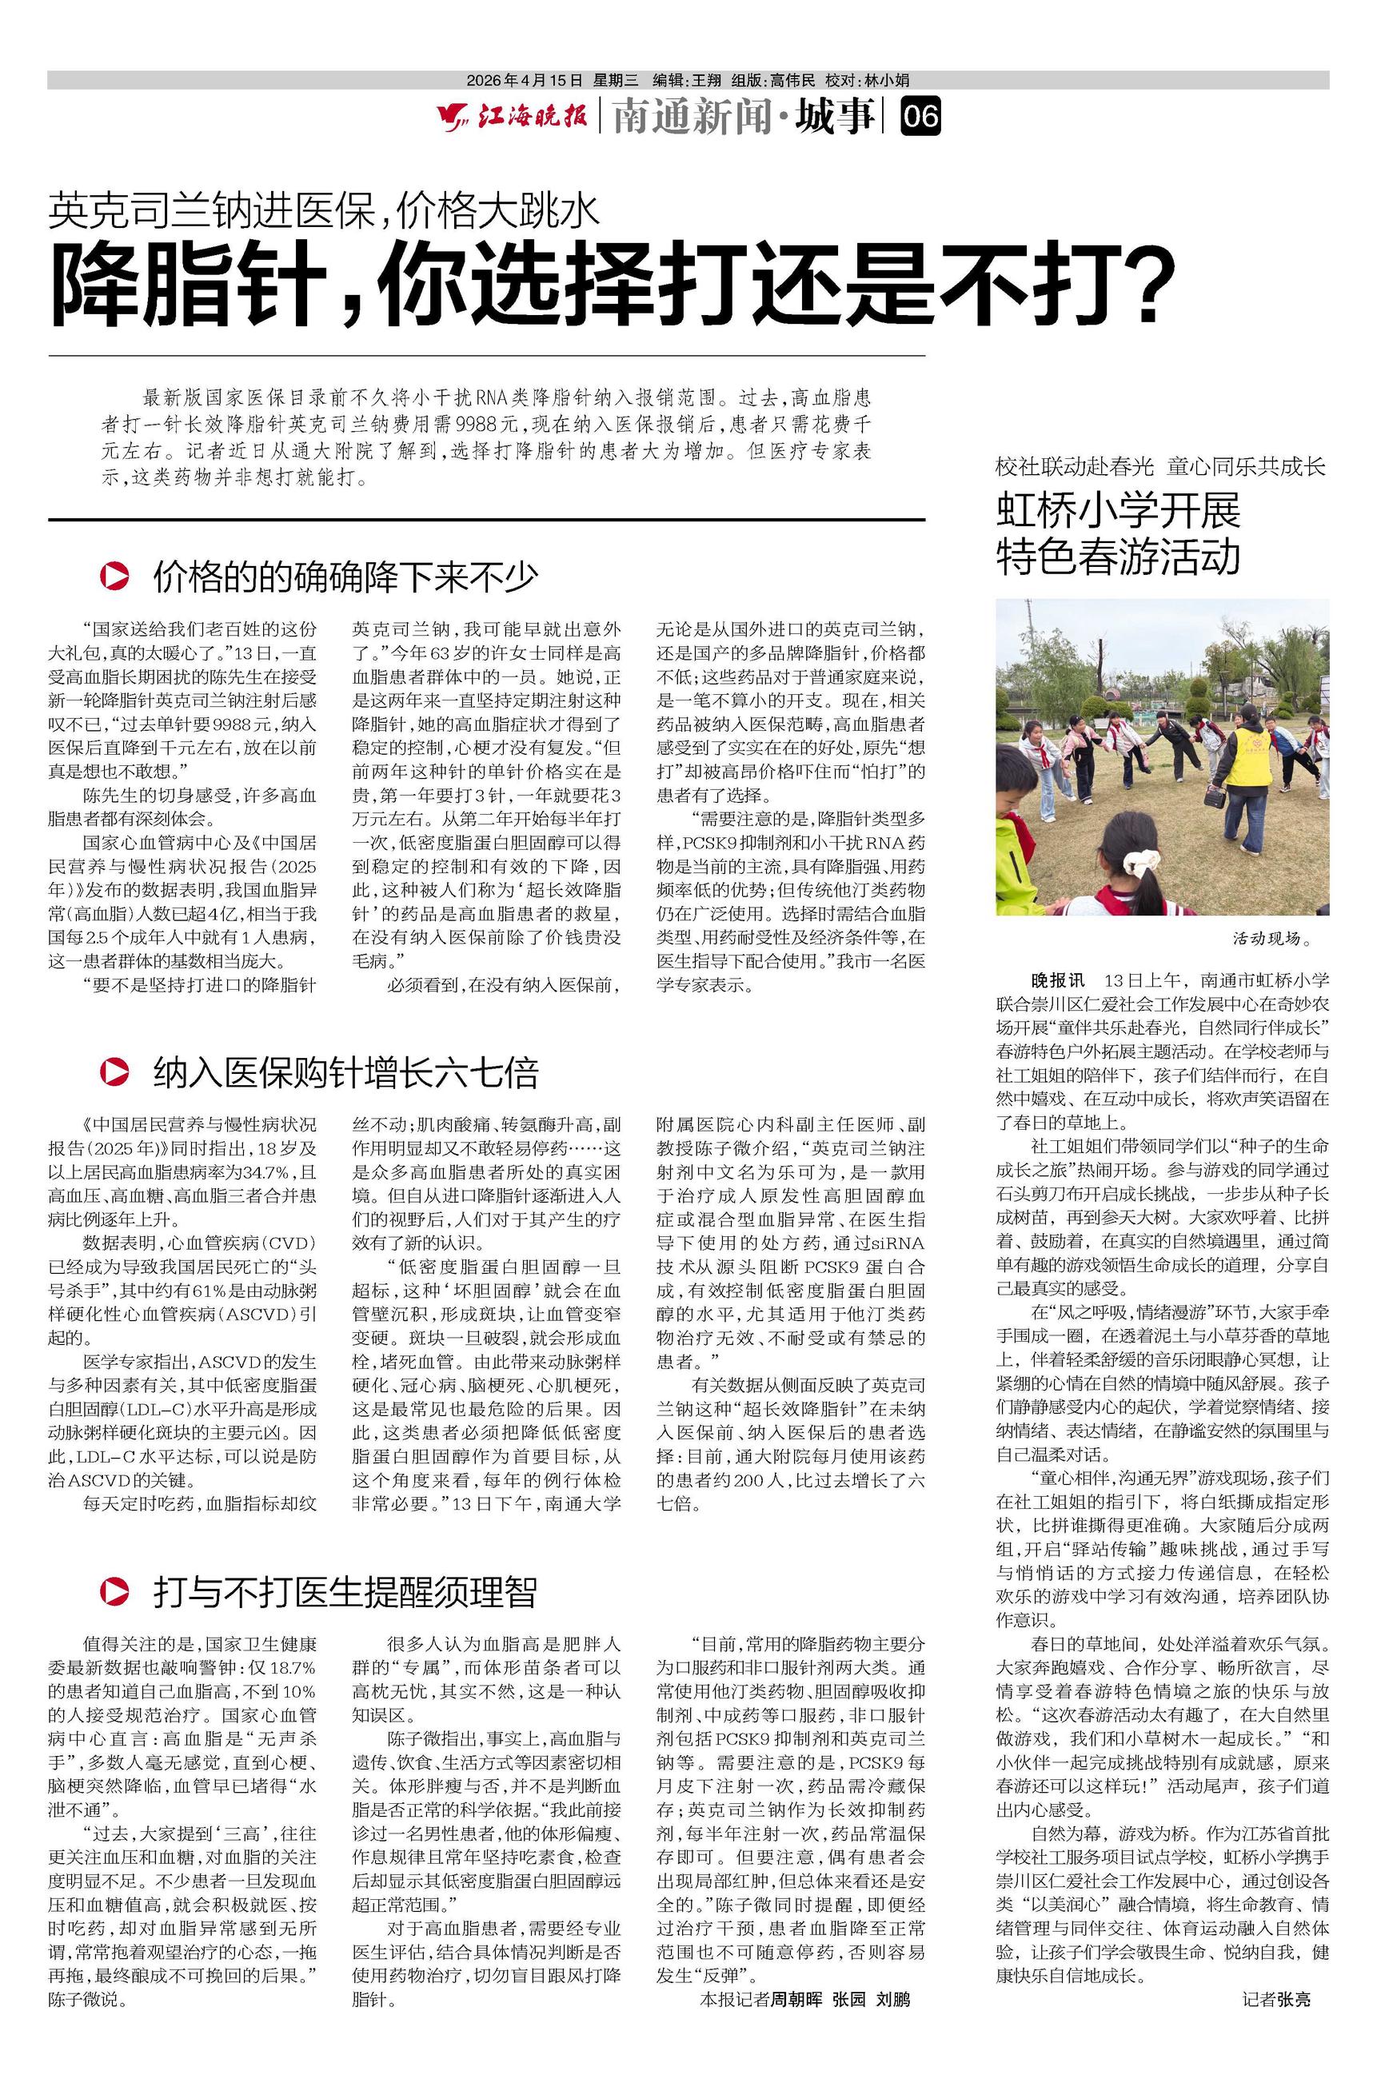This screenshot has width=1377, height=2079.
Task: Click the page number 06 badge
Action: click(x=920, y=117)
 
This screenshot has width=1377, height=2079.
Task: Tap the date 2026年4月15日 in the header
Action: click(x=525, y=81)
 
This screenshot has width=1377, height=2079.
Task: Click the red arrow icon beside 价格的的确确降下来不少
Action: click(x=115, y=576)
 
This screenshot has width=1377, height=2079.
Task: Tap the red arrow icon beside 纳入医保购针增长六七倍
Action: click(x=115, y=1072)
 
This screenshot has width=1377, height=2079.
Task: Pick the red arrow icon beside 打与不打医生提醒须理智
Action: click(x=115, y=1591)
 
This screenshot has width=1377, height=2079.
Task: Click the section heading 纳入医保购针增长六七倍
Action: click(x=345, y=1073)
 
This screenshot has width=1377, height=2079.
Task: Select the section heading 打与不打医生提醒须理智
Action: click(x=345, y=1592)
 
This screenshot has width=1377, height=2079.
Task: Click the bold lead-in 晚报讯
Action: click(x=1057, y=980)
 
